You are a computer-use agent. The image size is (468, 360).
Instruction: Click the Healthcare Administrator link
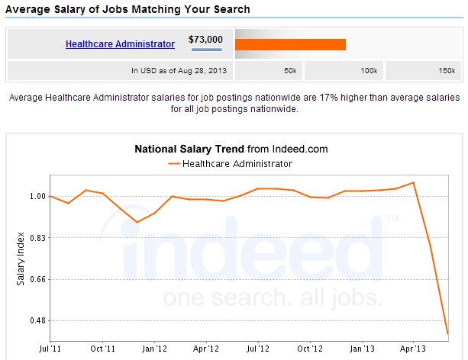point(120,44)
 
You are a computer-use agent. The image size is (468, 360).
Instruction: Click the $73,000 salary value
point(205,39)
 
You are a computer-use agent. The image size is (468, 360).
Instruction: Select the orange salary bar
point(290,44)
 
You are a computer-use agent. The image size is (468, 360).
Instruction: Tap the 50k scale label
point(290,70)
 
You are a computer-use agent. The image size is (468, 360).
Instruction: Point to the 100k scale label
point(369,70)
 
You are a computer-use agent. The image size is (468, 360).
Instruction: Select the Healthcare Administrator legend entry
point(230,163)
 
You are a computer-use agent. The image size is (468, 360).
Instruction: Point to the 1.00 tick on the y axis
point(37,197)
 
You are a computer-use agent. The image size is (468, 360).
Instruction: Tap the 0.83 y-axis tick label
point(37,238)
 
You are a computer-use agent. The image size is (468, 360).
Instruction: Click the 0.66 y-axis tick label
point(37,279)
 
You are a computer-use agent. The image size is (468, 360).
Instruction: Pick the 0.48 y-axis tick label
point(37,320)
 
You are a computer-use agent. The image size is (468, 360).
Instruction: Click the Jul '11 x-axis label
point(50,349)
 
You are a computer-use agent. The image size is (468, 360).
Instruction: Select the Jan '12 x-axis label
point(154,349)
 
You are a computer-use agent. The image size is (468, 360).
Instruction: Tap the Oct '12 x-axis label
point(310,349)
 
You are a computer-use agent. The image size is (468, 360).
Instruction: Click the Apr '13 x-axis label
point(413,349)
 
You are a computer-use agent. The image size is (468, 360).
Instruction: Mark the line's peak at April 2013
point(413,182)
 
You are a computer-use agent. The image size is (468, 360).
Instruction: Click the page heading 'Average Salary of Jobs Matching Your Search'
point(128,9)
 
